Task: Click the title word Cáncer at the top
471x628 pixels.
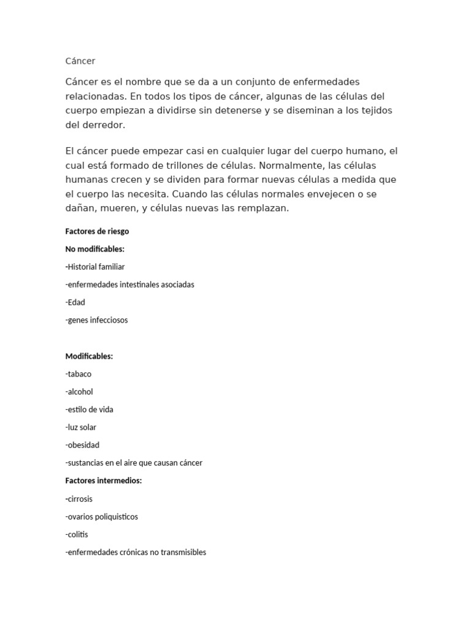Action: [80, 61]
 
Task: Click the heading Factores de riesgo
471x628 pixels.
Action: [97, 231]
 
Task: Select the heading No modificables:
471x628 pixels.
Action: [94, 249]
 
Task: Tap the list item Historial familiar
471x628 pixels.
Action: [95, 267]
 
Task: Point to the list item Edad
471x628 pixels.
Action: [75, 302]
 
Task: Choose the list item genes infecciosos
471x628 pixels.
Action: [97, 320]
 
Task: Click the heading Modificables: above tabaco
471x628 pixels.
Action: [89, 356]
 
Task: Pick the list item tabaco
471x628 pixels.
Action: [78, 374]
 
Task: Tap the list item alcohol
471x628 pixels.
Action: [79, 392]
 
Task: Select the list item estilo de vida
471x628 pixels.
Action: [90, 410]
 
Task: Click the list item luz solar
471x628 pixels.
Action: [81, 427]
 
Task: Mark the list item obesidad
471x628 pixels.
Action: [82, 445]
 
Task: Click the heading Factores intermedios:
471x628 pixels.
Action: [103, 481]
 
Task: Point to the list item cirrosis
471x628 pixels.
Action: [79, 499]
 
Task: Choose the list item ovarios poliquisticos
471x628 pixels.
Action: [102, 517]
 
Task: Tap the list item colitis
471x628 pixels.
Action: [77, 535]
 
